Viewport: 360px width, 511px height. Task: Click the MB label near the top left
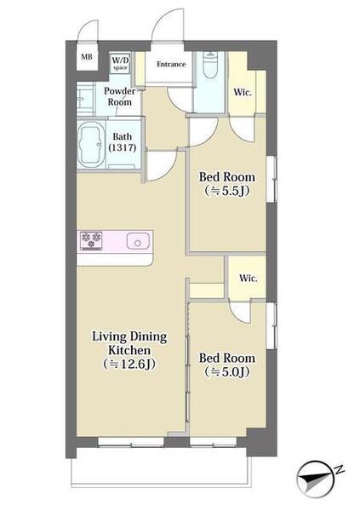point(87,57)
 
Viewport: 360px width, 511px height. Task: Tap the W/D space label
point(120,63)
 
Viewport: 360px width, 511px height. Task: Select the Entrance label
point(171,64)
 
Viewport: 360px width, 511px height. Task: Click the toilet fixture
point(209,66)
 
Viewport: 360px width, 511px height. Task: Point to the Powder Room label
point(119,96)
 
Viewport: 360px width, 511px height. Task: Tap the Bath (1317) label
point(123,141)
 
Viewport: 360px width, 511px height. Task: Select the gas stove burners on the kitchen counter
point(91,241)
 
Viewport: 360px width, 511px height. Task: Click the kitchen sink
point(138,241)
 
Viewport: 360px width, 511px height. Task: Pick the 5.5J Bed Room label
point(227,184)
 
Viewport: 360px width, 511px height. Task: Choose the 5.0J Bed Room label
point(227,365)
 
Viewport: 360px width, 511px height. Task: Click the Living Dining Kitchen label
point(129,350)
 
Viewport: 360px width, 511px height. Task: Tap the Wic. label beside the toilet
point(243,93)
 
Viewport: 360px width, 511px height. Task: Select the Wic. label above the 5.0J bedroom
point(249,278)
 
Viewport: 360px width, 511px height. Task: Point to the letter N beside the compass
point(340,470)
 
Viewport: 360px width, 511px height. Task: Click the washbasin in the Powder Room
point(82,97)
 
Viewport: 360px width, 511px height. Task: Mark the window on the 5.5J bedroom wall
point(271,179)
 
